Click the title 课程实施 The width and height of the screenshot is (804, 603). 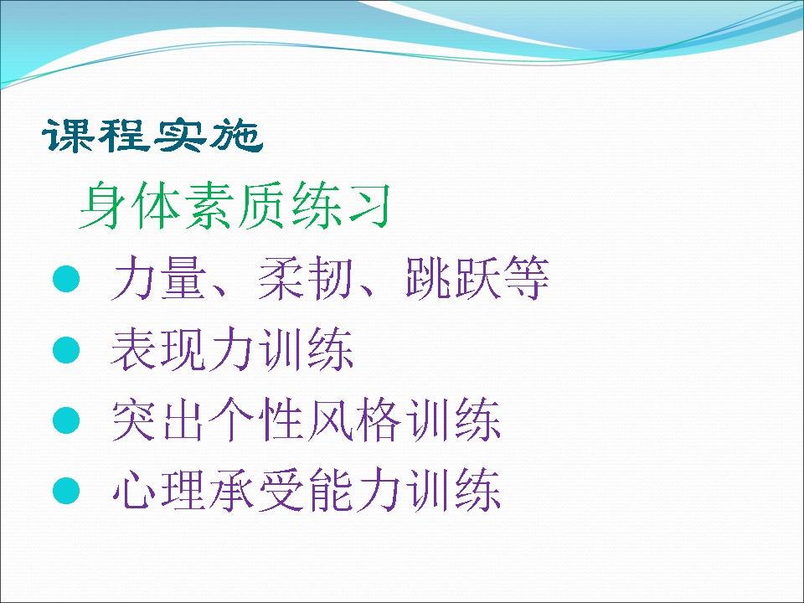(x=152, y=136)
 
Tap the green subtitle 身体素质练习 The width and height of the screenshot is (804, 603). (x=235, y=206)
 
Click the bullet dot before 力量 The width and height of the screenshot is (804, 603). (x=67, y=279)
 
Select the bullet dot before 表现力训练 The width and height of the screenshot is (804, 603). (x=67, y=350)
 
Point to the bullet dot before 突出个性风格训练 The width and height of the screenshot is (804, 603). (x=67, y=420)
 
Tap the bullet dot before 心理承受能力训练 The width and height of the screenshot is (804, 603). (x=67, y=491)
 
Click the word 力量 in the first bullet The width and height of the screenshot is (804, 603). (x=157, y=278)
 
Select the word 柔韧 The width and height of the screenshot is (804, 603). (x=305, y=278)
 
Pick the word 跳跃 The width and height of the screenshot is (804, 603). (x=453, y=278)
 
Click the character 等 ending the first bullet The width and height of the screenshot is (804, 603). (x=526, y=278)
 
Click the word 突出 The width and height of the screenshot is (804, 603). (x=157, y=420)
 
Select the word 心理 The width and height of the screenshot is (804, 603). (x=157, y=490)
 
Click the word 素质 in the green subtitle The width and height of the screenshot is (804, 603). (x=234, y=206)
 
